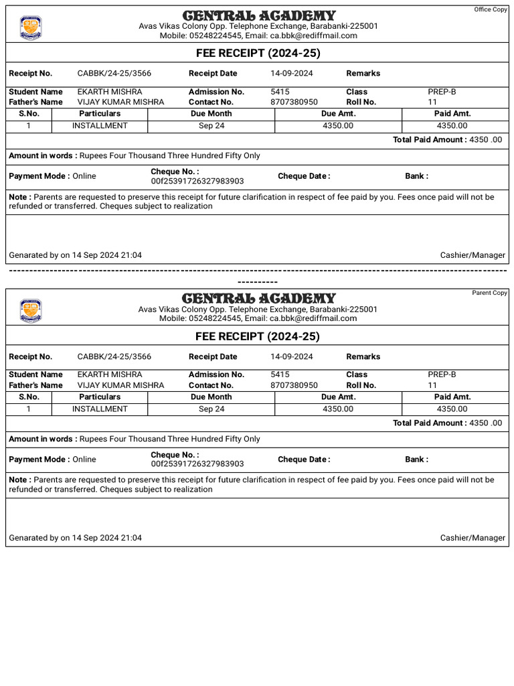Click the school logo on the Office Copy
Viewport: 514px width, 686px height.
31,27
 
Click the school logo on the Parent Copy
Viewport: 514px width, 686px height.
31,311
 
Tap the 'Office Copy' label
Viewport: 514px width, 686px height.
491,9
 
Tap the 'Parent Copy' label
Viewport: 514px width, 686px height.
490,293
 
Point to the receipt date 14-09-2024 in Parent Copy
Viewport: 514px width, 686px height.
291,357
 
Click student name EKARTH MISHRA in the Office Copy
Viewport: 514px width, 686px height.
110,92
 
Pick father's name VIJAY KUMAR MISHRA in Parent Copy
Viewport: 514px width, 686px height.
120,385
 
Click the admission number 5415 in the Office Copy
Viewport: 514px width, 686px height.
280,92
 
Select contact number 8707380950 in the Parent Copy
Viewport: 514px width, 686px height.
294,385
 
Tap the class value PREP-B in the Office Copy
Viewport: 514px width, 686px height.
442,92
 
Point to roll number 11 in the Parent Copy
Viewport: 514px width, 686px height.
432,385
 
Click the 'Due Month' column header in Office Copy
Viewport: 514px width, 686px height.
211,114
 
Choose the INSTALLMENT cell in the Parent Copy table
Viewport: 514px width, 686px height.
100,409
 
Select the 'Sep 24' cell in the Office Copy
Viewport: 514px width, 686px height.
211,125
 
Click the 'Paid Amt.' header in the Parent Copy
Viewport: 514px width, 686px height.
452,397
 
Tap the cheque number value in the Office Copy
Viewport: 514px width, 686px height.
197,181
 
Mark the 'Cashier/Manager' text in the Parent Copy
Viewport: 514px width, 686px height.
473,538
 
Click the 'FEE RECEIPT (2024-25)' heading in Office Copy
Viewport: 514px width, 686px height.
257,53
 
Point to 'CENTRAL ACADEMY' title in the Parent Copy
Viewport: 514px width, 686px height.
258,298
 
